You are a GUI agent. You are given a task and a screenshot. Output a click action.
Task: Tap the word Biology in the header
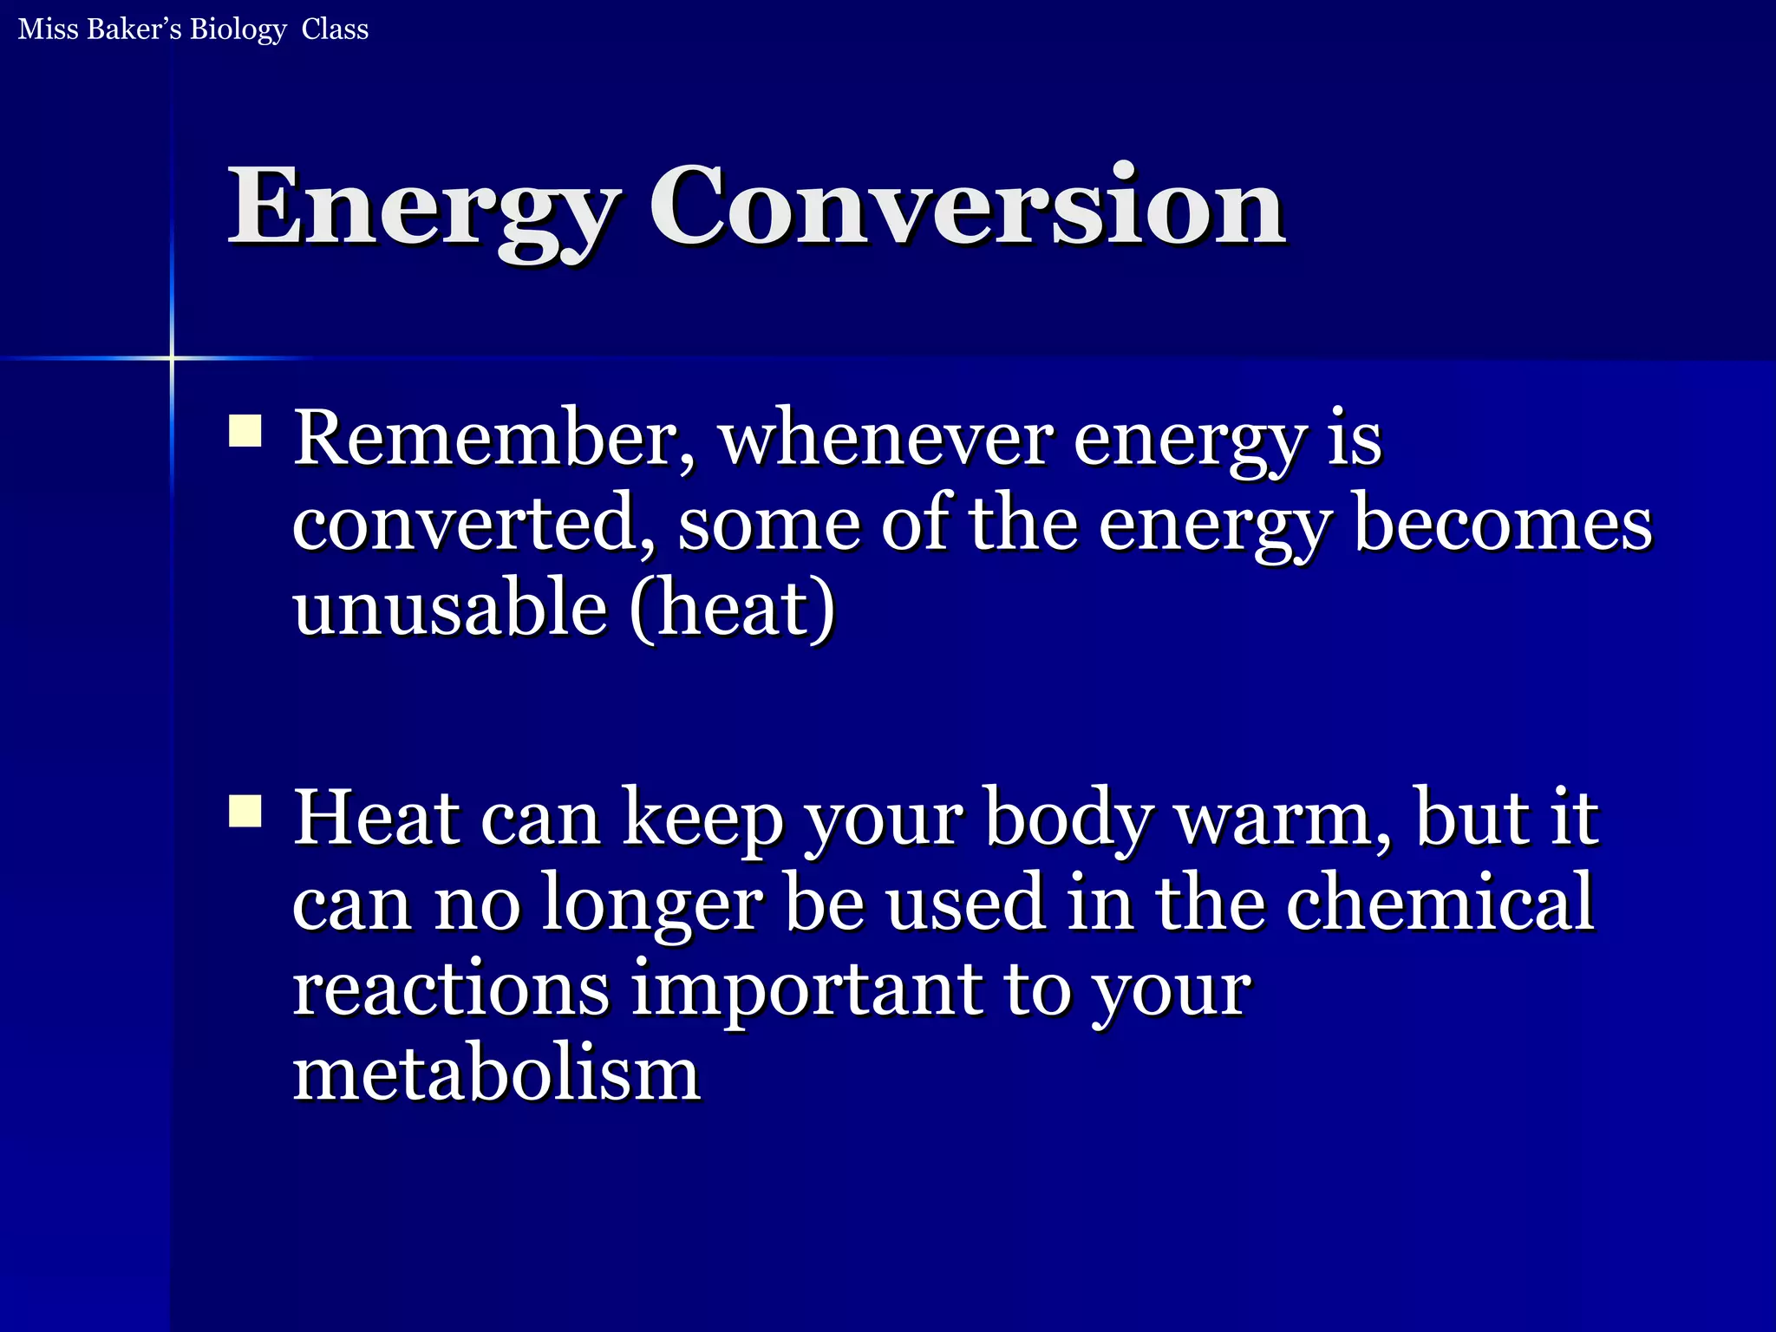tap(238, 29)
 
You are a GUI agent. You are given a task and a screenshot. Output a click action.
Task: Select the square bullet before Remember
tap(245, 431)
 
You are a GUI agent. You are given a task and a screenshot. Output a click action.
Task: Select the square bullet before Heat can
tap(245, 812)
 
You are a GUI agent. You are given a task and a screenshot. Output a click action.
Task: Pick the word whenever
tap(886, 439)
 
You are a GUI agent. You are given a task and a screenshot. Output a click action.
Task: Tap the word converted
tap(473, 524)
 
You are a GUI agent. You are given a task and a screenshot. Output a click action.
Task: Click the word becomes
tap(1502, 524)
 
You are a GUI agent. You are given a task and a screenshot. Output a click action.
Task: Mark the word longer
tap(652, 905)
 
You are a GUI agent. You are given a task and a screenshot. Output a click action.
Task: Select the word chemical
tap(1440, 904)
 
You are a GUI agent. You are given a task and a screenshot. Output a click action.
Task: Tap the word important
tap(806, 990)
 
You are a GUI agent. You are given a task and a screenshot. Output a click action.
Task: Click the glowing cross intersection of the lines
tap(172, 357)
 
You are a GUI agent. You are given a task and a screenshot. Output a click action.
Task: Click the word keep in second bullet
tap(702, 820)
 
